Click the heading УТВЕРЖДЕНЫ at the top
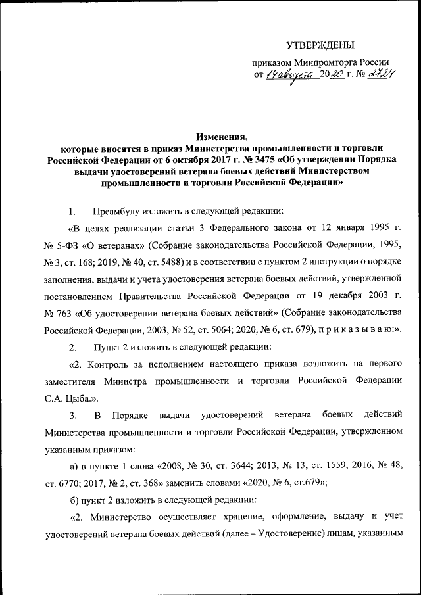(x=320, y=45)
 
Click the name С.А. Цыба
(x=70, y=397)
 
